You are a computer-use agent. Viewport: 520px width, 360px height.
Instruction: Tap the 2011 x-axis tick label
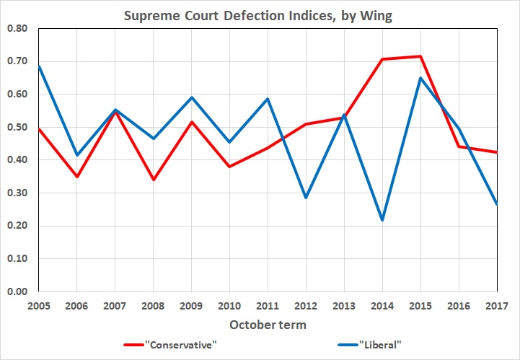coord(268,306)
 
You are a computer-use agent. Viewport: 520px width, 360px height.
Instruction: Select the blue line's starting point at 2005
coord(38,66)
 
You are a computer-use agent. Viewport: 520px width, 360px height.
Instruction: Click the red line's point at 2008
coord(153,180)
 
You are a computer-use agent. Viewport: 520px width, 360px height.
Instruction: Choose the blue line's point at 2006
coord(76,155)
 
